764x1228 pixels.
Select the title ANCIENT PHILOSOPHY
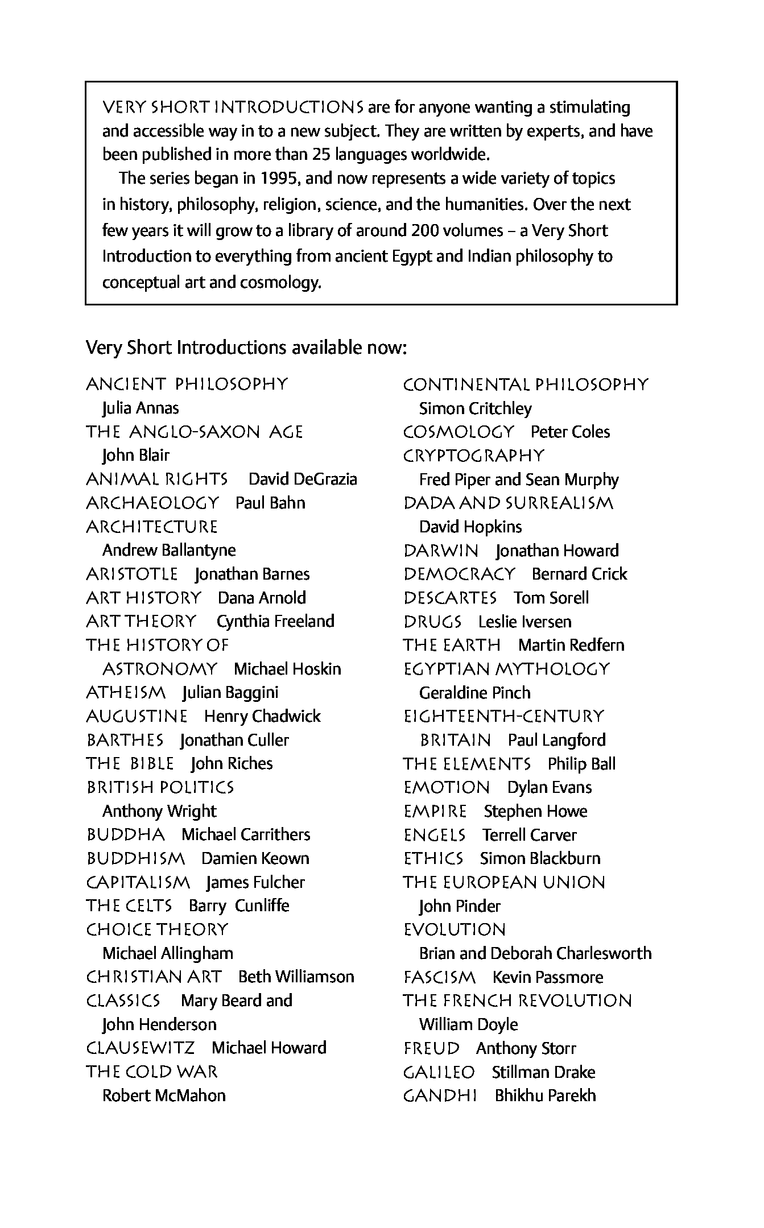(x=187, y=384)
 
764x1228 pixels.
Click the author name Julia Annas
(x=141, y=408)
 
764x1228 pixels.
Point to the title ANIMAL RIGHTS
(x=157, y=479)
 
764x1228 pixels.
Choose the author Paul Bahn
(x=270, y=503)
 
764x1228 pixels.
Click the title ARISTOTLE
(x=132, y=574)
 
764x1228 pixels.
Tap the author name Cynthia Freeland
(x=275, y=622)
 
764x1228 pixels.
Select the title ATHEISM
(x=126, y=693)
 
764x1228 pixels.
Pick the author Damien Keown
(x=255, y=858)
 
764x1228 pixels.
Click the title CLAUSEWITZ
(x=141, y=1048)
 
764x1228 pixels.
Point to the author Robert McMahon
(x=164, y=1095)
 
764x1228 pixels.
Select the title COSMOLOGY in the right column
(x=459, y=432)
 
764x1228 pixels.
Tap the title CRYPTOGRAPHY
(x=474, y=456)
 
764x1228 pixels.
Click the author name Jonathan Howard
(x=557, y=551)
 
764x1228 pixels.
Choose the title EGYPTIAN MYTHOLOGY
(x=506, y=669)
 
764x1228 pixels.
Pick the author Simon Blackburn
(x=540, y=858)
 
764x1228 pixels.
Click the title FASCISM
(x=439, y=977)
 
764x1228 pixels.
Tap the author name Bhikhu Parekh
(x=545, y=1095)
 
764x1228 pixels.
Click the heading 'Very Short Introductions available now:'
(x=246, y=347)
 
